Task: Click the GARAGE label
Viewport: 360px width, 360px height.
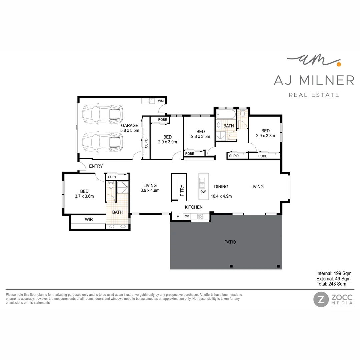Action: (130, 126)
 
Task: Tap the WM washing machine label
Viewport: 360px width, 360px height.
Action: (161, 101)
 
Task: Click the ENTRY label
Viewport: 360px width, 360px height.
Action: (96, 166)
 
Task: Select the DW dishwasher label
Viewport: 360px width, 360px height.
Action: (203, 192)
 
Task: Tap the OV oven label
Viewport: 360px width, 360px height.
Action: (187, 216)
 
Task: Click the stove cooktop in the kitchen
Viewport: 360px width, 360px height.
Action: (200, 216)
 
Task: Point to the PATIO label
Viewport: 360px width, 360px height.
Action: (230, 242)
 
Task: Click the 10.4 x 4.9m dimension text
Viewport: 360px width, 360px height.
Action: (221, 196)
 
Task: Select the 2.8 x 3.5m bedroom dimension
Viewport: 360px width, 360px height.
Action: (200, 136)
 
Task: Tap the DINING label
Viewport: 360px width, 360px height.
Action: (221, 187)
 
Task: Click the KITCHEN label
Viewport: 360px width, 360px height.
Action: (194, 207)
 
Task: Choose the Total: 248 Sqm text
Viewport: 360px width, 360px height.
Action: (331, 284)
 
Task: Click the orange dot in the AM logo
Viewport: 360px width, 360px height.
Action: (338, 63)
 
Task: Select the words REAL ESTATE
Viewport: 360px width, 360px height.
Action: (314, 95)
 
